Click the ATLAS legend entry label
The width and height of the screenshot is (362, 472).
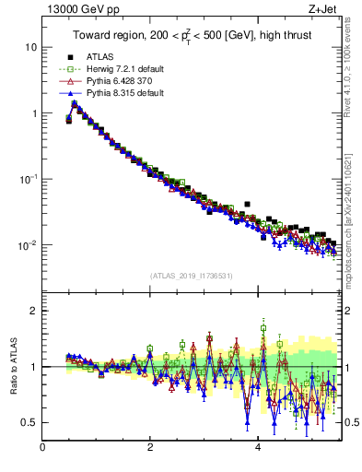pos(100,56)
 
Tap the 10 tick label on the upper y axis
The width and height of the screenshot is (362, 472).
pos(31,47)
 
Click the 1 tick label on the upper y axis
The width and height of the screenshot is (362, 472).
pos(34,113)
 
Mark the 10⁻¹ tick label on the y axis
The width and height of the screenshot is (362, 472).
pos(29,179)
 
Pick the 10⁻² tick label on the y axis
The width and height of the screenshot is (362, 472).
pos(29,245)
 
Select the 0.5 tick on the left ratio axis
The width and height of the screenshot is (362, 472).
pos(29,422)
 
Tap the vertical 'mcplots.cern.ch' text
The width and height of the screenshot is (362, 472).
pos(353,221)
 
